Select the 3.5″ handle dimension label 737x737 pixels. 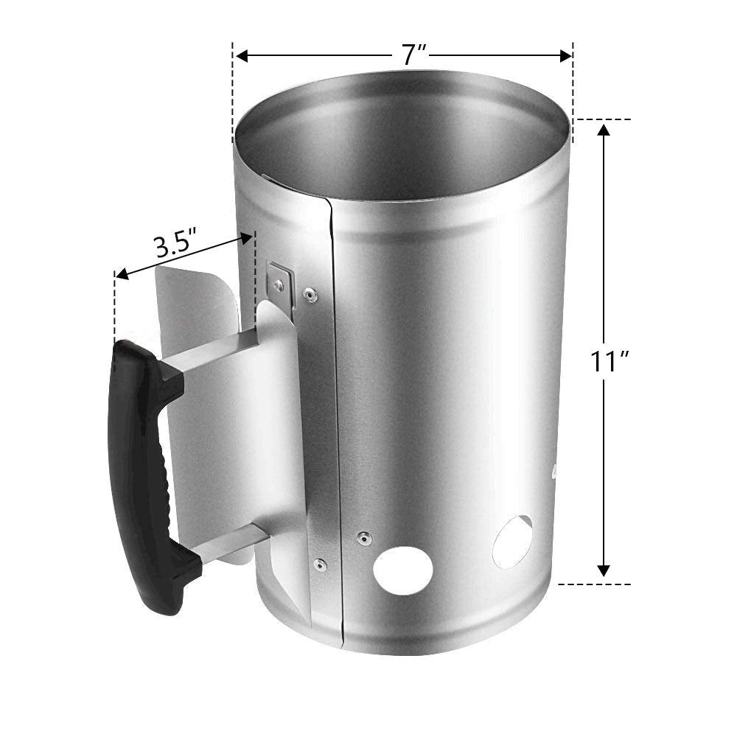point(175,245)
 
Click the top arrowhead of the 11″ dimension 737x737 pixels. point(604,131)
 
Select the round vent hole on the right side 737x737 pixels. point(512,542)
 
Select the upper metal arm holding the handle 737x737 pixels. point(214,352)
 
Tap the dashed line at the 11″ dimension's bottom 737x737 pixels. point(593,584)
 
